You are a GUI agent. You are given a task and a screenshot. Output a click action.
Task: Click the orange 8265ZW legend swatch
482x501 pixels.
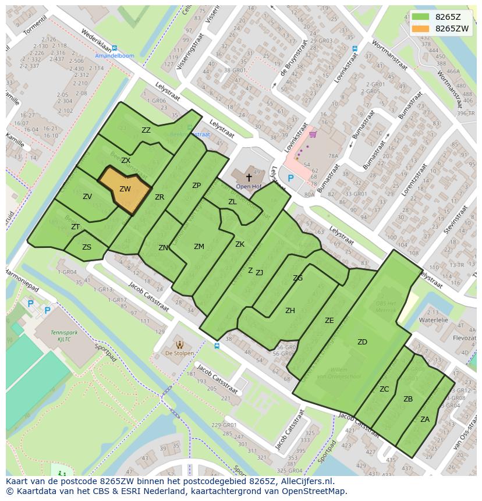[x=420, y=28]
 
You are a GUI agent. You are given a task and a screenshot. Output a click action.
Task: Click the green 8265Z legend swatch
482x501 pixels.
[x=420, y=16]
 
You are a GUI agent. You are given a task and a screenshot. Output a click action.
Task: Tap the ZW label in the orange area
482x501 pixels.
[x=125, y=189]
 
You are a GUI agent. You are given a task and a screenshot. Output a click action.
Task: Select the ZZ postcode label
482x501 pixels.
[x=146, y=130]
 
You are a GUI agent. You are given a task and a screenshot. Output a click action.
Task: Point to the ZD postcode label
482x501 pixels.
[x=362, y=342]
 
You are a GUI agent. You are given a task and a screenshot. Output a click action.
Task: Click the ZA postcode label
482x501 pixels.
[x=425, y=419]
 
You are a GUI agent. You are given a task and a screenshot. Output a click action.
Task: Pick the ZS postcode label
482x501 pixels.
[x=87, y=247]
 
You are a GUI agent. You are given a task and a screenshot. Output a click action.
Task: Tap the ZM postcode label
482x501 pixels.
[x=199, y=247]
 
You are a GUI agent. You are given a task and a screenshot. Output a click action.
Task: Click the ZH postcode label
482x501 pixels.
[x=290, y=311]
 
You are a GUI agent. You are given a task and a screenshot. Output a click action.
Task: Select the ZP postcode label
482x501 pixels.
[x=196, y=186]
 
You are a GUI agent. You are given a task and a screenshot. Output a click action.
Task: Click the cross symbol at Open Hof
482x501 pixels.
[x=249, y=177]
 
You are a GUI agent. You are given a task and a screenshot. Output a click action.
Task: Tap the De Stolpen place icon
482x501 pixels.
[x=179, y=344]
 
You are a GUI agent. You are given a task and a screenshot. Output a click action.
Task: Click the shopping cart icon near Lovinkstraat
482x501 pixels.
[x=313, y=135]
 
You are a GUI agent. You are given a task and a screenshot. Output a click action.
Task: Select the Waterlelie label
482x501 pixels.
[x=433, y=320]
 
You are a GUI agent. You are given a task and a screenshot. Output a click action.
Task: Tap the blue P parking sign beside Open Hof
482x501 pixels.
[x=290, y=178]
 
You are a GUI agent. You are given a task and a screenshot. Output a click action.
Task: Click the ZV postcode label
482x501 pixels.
[x=87, y=197]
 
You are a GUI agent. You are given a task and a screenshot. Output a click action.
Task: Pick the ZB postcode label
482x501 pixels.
[x=408, y=399]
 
